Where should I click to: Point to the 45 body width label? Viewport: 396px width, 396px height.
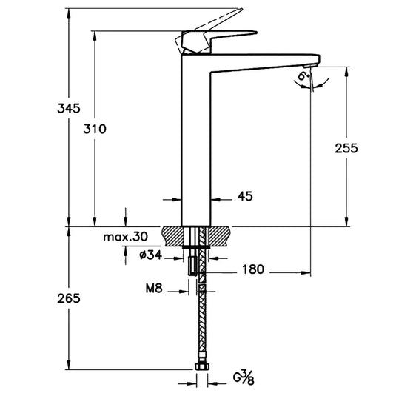pos(245,196)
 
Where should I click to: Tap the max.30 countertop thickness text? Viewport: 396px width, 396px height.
pos(126,237)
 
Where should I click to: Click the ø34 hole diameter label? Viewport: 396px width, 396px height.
pos(153,255)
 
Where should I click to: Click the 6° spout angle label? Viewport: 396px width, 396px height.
pos(303,77)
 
